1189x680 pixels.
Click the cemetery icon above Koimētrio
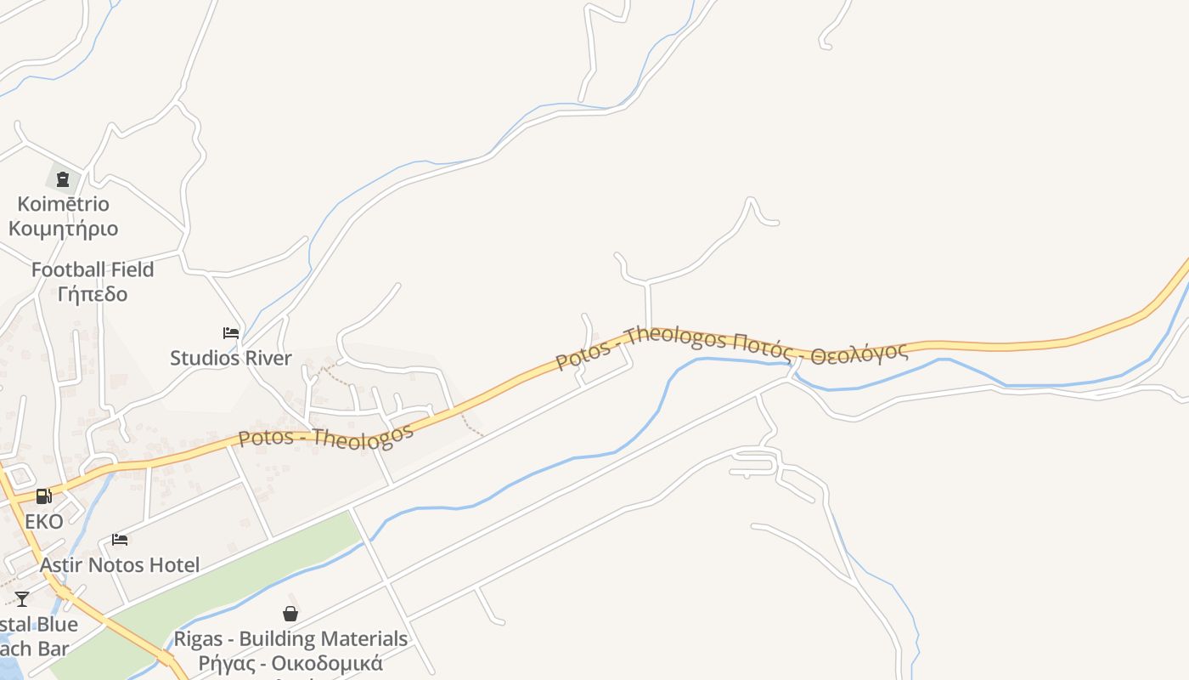click(x=62, y=179)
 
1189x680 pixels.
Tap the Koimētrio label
click(x=59, y=204)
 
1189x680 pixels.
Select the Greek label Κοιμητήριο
click(x=63, y=229)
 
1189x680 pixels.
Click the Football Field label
click(x=93, y=270)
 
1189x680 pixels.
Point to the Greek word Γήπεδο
click(x=93, y=294)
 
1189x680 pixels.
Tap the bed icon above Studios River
click(x=231, y=333)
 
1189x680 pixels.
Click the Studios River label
click(x=230, y=358)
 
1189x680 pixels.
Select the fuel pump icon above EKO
click(x=43, y=496)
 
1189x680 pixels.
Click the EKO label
click(x=43, y=521)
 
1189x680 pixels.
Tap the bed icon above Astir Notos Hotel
click(x=120, y=540)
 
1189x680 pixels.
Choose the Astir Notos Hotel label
click(x=120, y=564)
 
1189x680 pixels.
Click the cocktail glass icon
click(x=22, y=599)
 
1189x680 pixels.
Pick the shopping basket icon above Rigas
click(x=290, y=614)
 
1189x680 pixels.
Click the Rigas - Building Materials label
click(x=290, y=638)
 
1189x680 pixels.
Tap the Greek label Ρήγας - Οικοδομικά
click(x=290, y=663)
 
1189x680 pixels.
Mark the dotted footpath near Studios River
click(x=335, y=374)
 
